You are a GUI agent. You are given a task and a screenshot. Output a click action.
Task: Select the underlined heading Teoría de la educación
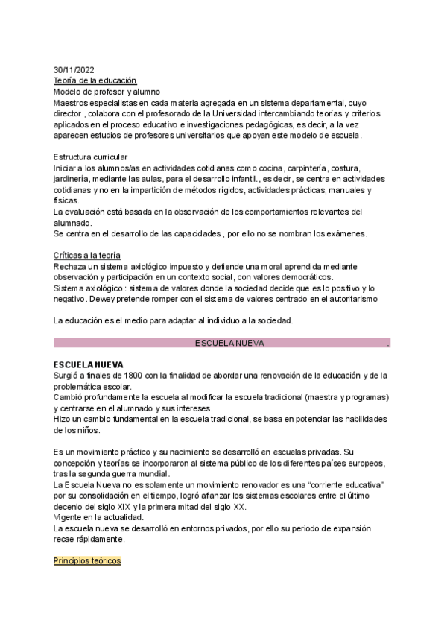tap(95, 80)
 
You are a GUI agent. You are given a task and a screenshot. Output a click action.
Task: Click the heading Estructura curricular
tap(90, 157)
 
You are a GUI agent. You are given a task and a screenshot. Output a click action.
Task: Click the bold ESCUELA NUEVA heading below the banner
tap(88, 365)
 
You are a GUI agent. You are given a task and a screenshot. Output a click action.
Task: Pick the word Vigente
tap(69, 518)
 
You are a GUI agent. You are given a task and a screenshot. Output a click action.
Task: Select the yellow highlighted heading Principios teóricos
tap(87, 560)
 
